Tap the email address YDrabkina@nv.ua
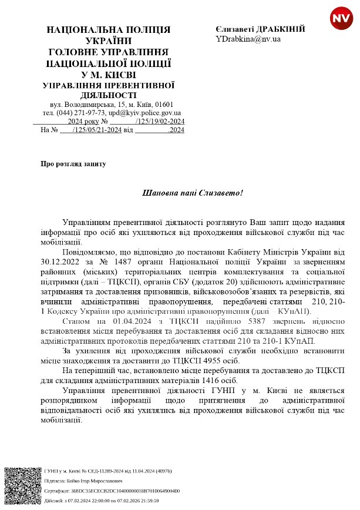248,39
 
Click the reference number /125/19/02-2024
160,121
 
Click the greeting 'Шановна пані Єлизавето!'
193,193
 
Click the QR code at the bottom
22,485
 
